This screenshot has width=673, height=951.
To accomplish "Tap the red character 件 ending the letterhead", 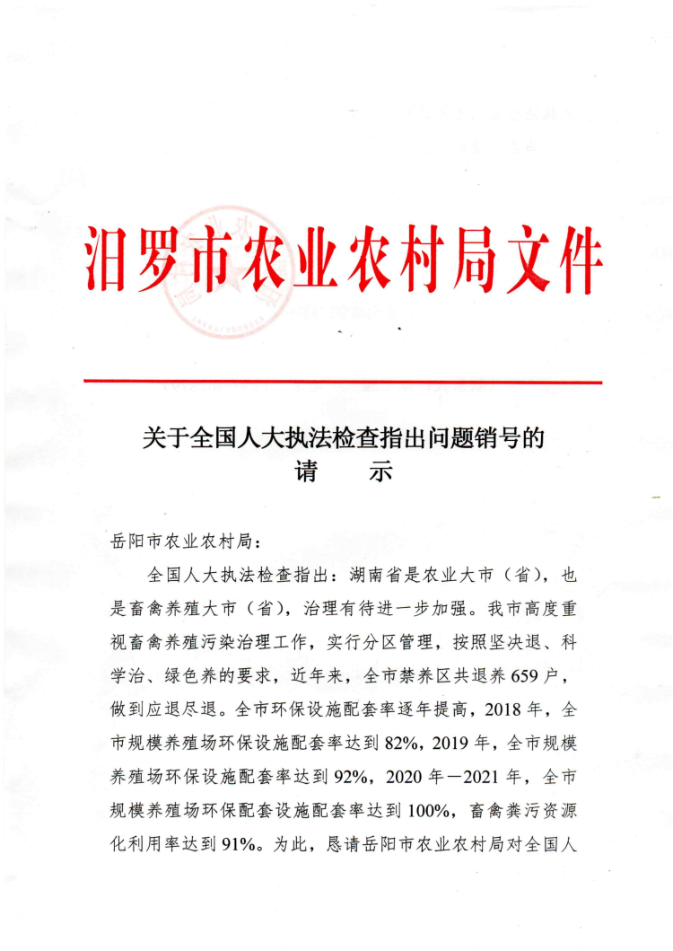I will click(x=572, y=260).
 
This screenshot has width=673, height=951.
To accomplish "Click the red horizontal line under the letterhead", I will click(x=343, y=382).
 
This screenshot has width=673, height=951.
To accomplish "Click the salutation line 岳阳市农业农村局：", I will click(x=185, y=542).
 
